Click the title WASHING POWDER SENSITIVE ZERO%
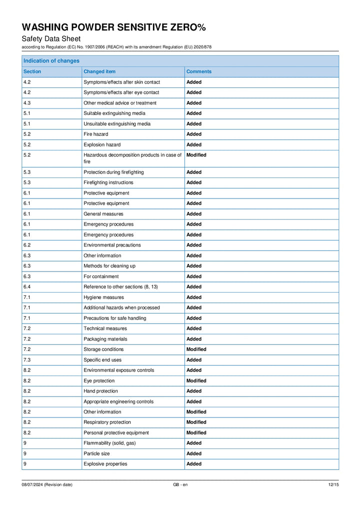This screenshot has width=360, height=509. pos(113,27)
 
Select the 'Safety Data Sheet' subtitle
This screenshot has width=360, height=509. pos(51,39)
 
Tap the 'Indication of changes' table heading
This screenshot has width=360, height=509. pos(51,61)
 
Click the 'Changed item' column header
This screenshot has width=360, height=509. pos(99,71)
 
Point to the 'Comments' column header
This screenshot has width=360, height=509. pos(199,71)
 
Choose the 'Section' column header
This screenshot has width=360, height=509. pos(32,71)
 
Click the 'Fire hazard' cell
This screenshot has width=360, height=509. pos(95,134)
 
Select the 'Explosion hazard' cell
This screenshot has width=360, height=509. pos(102,144)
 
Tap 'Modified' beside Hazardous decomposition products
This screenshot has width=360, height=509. pos(196,155)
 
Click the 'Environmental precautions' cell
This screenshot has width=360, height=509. pos(112,245)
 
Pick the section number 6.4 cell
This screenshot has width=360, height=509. pos(27,287)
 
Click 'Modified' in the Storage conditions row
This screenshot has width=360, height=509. pos(196,349)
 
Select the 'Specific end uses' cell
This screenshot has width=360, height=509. pos(102,360)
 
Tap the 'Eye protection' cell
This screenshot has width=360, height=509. pos(99,381)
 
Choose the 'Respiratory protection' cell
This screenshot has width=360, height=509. pos(107,422)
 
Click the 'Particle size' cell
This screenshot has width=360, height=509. pos(96,453)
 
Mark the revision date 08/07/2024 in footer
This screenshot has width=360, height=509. pos(47,484)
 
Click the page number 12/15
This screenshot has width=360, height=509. pos(333,484)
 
